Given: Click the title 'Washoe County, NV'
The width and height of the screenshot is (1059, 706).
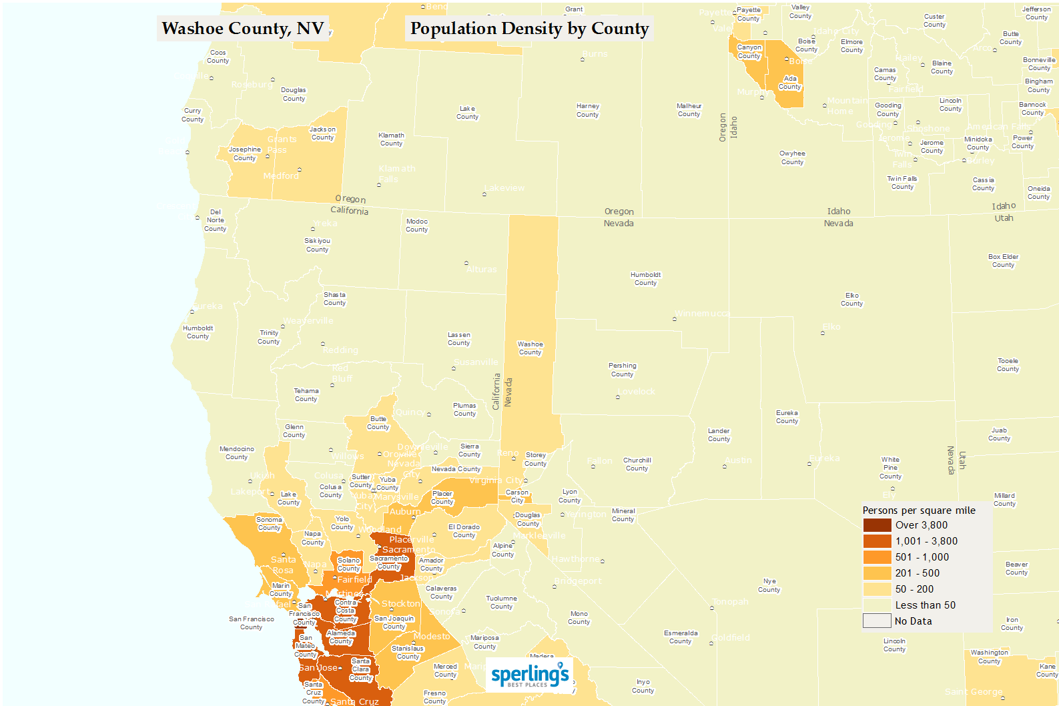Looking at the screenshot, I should coord(243,29).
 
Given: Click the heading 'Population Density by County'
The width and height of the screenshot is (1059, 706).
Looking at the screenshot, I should coord(529,29).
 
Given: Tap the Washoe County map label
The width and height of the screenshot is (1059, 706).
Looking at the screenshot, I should coord(531,348).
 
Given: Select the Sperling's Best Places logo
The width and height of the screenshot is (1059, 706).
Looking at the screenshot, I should coord(529,675).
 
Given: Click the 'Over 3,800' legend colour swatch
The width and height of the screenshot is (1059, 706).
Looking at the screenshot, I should coord(877,525).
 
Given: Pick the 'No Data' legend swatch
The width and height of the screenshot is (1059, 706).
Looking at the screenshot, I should coord(877,621).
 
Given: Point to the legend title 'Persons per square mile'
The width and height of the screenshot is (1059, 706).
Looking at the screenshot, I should coord(919,510).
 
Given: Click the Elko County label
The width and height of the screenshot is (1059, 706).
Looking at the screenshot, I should coord(852,300).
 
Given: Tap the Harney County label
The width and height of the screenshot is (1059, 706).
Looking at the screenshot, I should coord(588,110).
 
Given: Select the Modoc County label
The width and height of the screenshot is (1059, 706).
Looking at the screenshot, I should coord(417,226).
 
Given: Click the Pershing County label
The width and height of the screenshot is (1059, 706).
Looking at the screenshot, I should coord(623,370).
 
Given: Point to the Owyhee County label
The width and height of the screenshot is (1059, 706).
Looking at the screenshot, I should coord(792,157).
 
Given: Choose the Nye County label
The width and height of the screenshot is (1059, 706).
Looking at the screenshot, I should coord(769,585).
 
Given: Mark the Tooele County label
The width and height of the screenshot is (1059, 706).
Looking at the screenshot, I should coord(1008,365).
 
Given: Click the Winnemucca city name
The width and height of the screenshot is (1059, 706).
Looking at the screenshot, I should coord(702,314).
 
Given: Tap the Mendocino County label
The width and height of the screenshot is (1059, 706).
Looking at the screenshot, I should coord(237,453).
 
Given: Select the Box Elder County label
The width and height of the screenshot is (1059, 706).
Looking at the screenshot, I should coord(1003,261).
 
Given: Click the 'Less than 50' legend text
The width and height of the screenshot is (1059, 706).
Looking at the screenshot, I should coord(925,605).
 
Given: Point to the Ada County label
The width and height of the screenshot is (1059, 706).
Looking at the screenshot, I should coord(790,83).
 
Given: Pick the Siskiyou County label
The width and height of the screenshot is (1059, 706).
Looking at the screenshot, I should coord(318,245).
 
